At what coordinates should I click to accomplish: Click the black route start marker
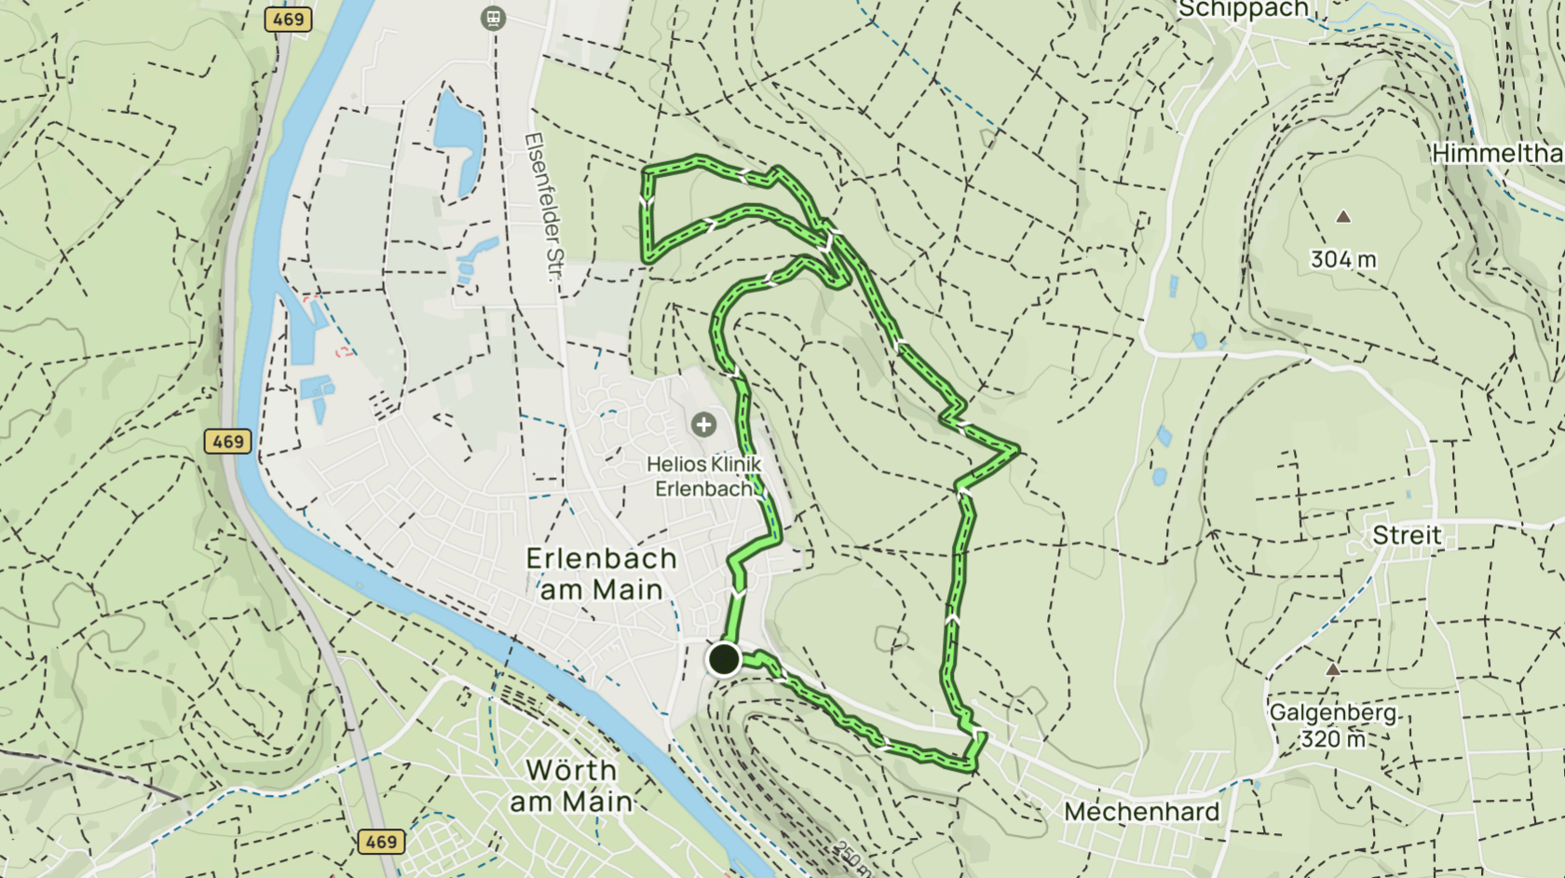[724, 659]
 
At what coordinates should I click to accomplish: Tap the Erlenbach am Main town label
[601, 574]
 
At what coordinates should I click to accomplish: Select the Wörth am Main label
[571, 786]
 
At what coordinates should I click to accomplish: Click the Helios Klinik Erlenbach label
[704, 476]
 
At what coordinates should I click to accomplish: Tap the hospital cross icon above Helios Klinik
[703, 425]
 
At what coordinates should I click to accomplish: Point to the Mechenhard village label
[1141, 812]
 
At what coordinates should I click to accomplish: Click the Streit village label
[1407, 536]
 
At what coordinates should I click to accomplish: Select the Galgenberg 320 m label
[1333, 726]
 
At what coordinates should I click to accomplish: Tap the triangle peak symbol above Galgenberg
[1333, 669]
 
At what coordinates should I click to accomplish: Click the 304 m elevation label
[1342, 260]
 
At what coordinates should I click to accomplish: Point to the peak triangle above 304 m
[1342, 216]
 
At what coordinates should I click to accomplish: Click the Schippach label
[1243, 9]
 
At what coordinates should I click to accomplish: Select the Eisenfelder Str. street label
[545, 206]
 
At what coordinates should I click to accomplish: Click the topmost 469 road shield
[288, 19]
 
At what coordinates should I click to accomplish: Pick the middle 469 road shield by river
[228, 441]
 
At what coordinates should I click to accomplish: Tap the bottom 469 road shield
[381, 842]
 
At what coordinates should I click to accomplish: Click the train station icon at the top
[493, 18]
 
